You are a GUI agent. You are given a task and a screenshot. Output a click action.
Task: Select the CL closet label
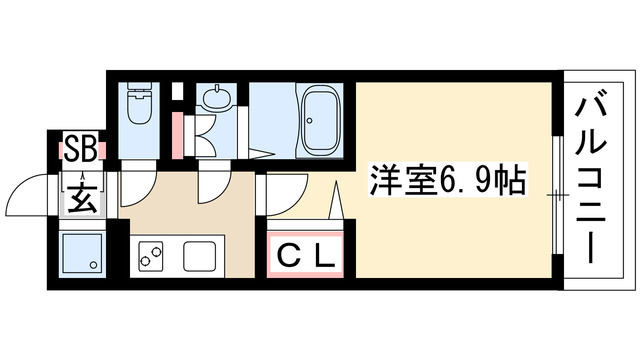point(305,255)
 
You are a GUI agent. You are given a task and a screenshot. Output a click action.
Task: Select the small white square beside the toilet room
point(176,93)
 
